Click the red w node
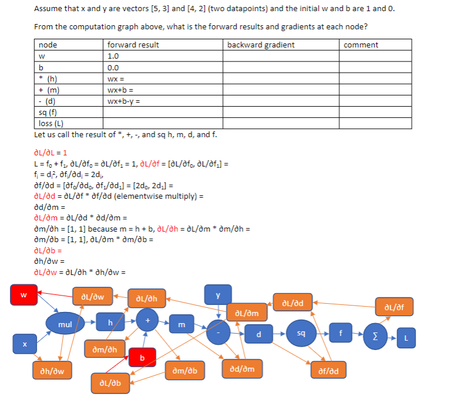[24, 294]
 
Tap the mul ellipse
[65, 324]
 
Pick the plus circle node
[148, 320]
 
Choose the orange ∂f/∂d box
[332, 371]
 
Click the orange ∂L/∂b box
[110, 383]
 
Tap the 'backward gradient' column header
[260, 45]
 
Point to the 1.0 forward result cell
[113, 56]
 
